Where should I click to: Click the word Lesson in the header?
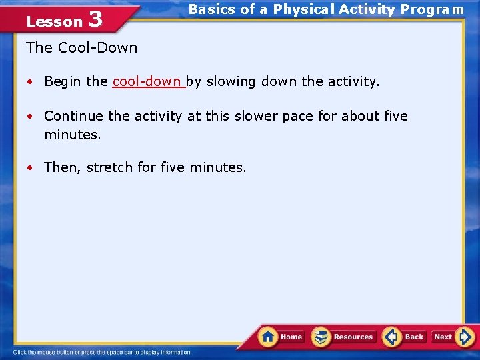point(54,21)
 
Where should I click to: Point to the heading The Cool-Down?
point(81,48)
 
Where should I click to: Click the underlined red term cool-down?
point(147,81)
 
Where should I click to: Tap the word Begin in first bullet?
point(63,81)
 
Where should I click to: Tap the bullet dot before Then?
point(31,168)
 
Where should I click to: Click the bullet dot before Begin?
point(31,82)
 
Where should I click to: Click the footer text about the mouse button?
point(102,352)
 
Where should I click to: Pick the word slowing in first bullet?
point(229,81)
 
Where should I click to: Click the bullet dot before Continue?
point(31,117)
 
